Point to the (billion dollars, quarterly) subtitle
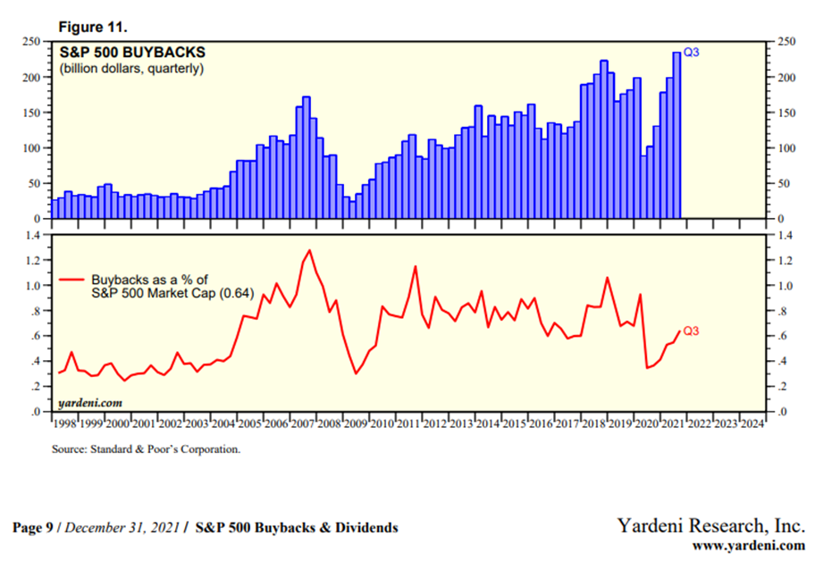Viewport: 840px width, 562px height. (132, 69)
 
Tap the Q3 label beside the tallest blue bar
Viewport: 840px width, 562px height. (691, 53)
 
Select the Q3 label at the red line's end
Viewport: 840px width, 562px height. (691, 331)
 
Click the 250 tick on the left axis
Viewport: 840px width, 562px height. (32, 41)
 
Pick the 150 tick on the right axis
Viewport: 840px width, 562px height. (784, 113)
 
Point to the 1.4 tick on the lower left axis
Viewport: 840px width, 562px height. (34, 235)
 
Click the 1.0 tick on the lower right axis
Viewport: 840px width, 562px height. (782, 286)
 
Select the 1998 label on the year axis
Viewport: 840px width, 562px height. (64, 424)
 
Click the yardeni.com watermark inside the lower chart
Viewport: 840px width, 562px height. (90, 403)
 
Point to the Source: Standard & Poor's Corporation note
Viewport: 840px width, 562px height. (147, 449)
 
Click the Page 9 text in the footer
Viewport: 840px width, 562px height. (36, 528)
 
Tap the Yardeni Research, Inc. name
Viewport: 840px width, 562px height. (711, 525)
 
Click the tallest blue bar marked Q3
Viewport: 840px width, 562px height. (676, 134)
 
